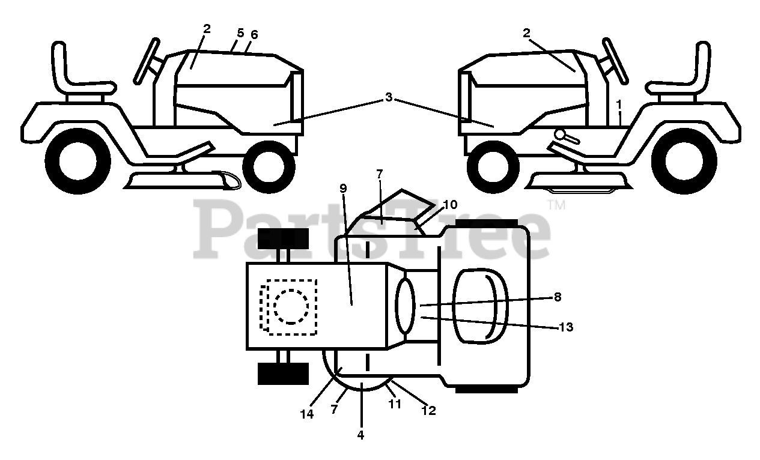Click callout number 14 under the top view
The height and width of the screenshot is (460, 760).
pos(307,414)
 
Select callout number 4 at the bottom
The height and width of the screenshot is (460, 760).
pos(361,435)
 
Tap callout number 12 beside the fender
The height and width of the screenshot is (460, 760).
pos(428,411)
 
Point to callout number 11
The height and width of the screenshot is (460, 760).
pos(394,404)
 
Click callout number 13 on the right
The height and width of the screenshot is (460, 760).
pos(566,327)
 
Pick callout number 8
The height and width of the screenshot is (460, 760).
pos(558,296)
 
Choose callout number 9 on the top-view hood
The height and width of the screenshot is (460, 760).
pos(343,189)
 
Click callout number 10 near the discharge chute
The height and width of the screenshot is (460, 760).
pos(450,205)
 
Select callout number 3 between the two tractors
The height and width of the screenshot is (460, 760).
pos(389,97)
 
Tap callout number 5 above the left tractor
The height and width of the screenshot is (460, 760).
pos(240,34)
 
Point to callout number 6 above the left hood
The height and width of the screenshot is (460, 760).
pos(254,35)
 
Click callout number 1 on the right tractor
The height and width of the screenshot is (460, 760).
pos(619,104)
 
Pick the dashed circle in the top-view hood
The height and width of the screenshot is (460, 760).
pos(291,306)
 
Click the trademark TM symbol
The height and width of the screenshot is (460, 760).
pos(556,205)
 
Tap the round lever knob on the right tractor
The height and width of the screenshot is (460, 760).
pos(561,134)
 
